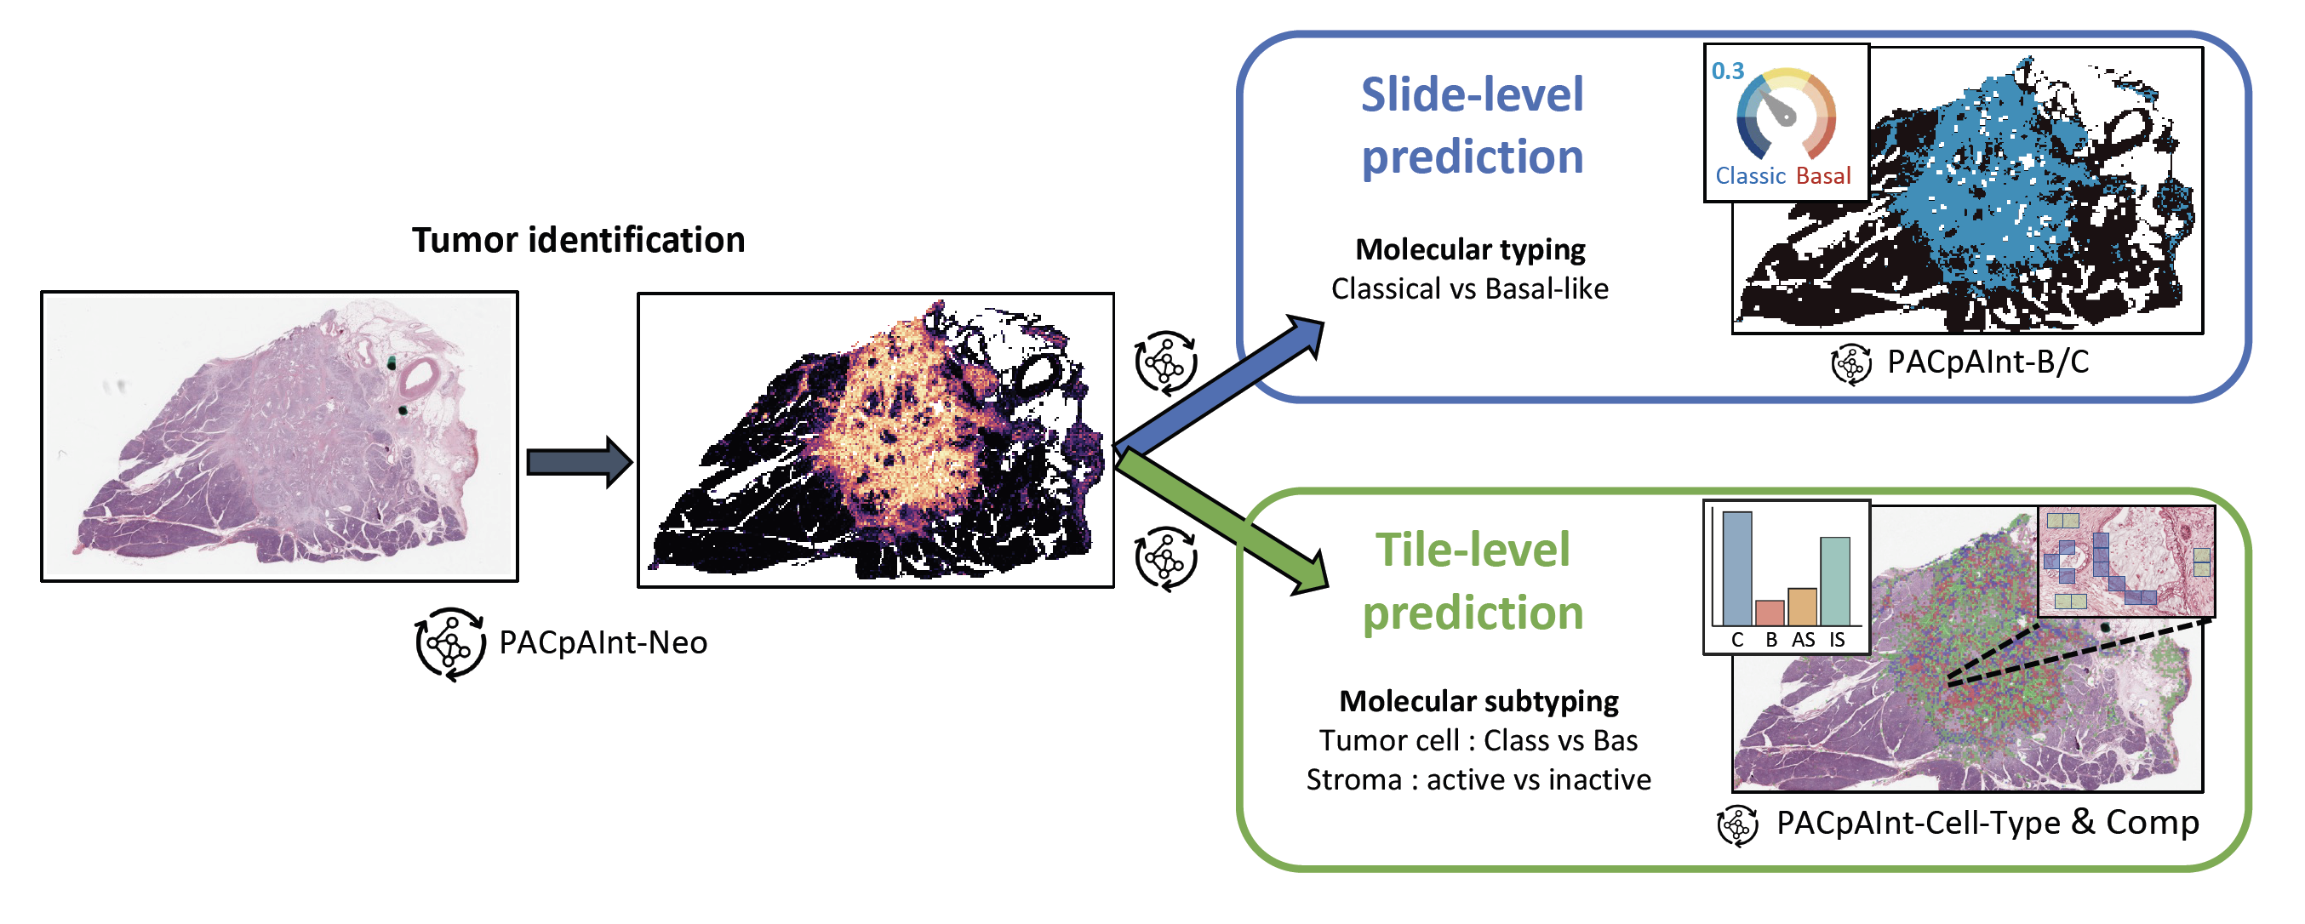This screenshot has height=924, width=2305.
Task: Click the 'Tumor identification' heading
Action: [x=578, y=240]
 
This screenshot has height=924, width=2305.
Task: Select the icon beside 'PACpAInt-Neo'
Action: [x=449, y=643]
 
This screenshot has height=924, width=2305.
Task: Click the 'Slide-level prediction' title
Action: [x=1472, y=125]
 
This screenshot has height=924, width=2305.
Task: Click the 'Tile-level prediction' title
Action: [x=1472, y=581]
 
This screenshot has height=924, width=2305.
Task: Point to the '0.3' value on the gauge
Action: [x=1728, y=71]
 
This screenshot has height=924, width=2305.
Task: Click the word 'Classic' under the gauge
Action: [x=1750, y=175]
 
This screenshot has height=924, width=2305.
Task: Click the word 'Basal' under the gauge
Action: [x=1823, y=175]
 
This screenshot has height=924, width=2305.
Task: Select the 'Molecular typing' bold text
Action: [x=1470, y=249]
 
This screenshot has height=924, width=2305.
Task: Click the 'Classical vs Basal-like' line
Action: [x=1469, y=289]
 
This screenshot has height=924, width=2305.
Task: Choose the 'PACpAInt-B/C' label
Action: [x=1988, y=362]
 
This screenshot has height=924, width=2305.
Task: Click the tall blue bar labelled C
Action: [x=1736, y=568]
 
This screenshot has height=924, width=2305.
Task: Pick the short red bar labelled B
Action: [x=1770, y=613]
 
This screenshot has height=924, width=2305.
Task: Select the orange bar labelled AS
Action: [x=1802, y=607]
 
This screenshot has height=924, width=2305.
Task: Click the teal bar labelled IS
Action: [x=1834, y=581]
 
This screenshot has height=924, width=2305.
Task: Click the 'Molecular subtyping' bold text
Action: [x=1479, y=701]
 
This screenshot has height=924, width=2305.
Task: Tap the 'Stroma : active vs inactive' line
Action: [x=1479, y=780]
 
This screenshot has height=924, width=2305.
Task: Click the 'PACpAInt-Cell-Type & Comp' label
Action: [x=1988, y=822]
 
